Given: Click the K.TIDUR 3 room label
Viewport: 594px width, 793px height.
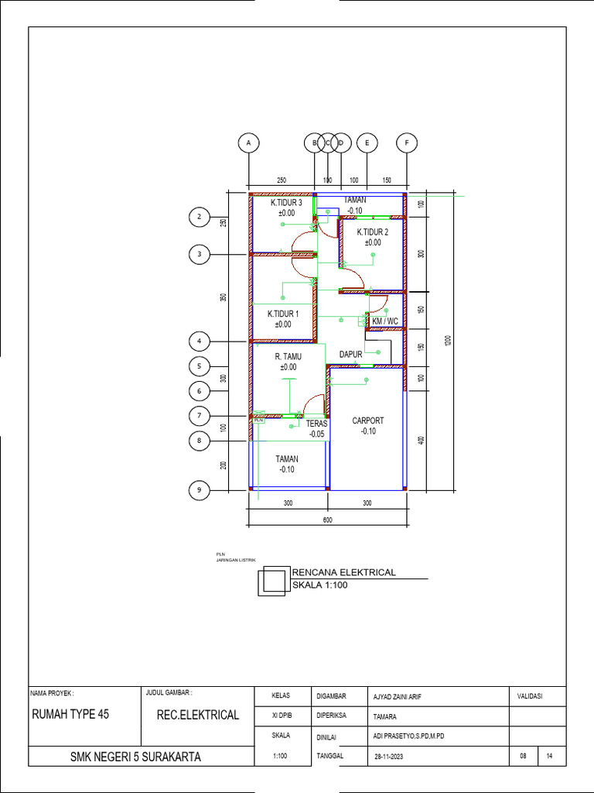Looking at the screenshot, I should click(286, 203).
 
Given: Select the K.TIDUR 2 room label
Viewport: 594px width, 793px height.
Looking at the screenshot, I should click(372, 232).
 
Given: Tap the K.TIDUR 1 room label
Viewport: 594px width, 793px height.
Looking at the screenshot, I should click(283, 314).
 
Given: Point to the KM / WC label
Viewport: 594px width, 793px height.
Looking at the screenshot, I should click(384, 321).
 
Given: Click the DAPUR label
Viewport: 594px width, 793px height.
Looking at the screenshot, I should click(351, 355).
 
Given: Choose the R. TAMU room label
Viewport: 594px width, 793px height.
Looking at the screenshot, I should click(288, 357).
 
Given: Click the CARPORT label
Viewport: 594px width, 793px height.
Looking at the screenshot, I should click(367, 421).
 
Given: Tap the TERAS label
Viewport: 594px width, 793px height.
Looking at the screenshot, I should click(317, 424).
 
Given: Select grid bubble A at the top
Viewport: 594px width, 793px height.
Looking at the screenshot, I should click(248, 143).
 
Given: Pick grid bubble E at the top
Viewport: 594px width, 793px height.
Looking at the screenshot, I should click(367, 143).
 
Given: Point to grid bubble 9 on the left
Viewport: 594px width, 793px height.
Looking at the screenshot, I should click(200, 490).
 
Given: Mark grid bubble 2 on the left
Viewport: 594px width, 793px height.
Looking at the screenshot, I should click(200, 218).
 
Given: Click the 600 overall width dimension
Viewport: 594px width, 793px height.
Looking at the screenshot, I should click(327, 520).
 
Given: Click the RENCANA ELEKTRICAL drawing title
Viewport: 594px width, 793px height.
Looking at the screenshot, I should click(343, 572).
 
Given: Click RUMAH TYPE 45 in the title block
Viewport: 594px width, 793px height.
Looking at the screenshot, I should click(70, 714).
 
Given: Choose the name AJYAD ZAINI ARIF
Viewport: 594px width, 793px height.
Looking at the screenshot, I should click(401, 696).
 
